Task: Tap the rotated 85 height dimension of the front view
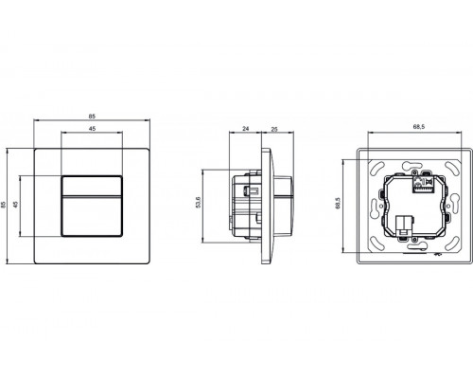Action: pos(8,205)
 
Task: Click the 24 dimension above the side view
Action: pos(245,128)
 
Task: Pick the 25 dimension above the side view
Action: pos(272,128)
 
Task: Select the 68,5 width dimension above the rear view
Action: pos(415,128)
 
